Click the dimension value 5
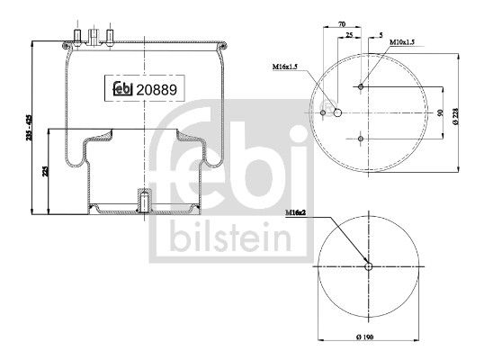(381, 34)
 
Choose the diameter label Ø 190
(369, 337)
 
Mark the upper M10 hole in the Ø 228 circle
(360, 87)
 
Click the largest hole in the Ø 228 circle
(336, 113)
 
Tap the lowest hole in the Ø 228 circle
(360, 139)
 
